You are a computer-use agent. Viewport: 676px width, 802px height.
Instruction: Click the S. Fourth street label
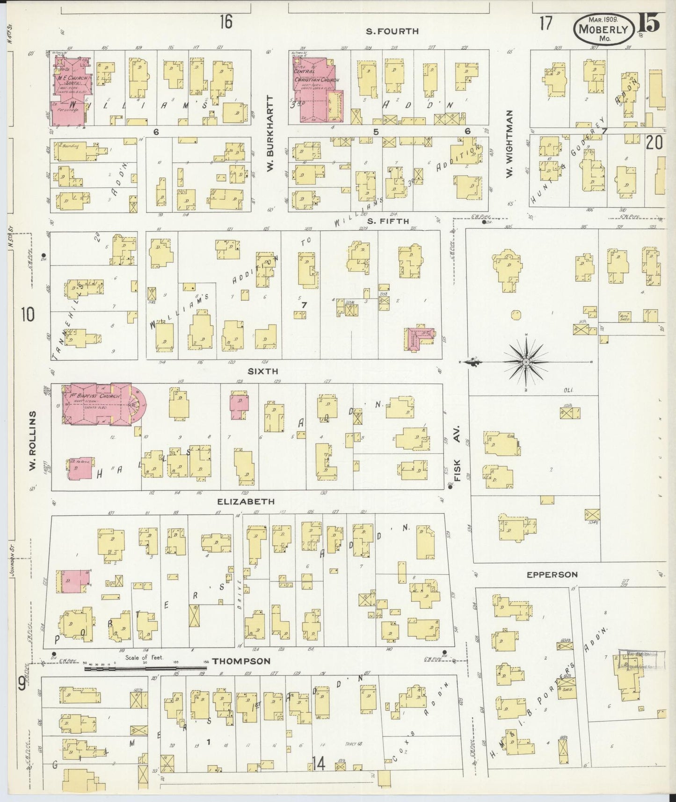point(392,31)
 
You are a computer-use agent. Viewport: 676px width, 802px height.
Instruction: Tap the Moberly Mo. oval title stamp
point(603,29)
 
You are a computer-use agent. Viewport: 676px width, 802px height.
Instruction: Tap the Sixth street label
point(263,371)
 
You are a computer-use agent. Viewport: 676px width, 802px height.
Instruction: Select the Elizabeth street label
point(246,501)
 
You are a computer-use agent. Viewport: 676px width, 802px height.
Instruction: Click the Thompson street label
point(241,661)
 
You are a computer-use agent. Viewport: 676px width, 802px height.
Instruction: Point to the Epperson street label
point(552,575)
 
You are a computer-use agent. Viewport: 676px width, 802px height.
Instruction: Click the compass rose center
point(526,362)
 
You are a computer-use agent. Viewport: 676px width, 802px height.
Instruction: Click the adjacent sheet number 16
point(226,22)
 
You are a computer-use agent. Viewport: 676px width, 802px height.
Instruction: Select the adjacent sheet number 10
point(27,315)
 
